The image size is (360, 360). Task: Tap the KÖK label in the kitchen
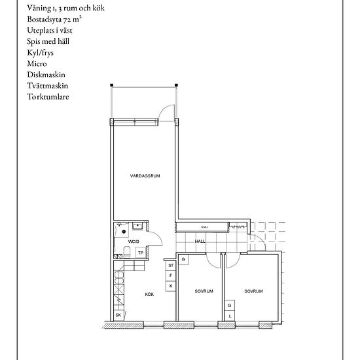coord(150,295)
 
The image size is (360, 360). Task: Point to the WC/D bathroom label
coord(134,242)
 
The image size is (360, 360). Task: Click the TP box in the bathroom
coord(140,253)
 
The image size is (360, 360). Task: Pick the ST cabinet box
coord(171,266)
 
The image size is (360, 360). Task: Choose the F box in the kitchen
coord(171,276)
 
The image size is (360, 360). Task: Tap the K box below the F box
coord(171,286)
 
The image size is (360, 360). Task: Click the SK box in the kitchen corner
coord(118,315)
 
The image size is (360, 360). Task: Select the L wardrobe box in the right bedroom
coord(230,315)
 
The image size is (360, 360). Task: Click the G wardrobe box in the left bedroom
coord(184,260)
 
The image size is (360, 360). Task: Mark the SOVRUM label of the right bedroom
coord(254,291)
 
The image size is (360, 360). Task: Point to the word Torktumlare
coord(48,97)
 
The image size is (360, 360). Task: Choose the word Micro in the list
coord(37,63)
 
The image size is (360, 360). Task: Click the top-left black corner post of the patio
coord(111,84)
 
